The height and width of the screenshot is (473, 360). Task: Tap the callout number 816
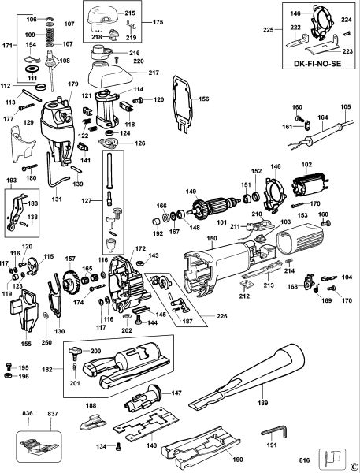[308, 457]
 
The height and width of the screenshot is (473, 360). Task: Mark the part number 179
[73, 84]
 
